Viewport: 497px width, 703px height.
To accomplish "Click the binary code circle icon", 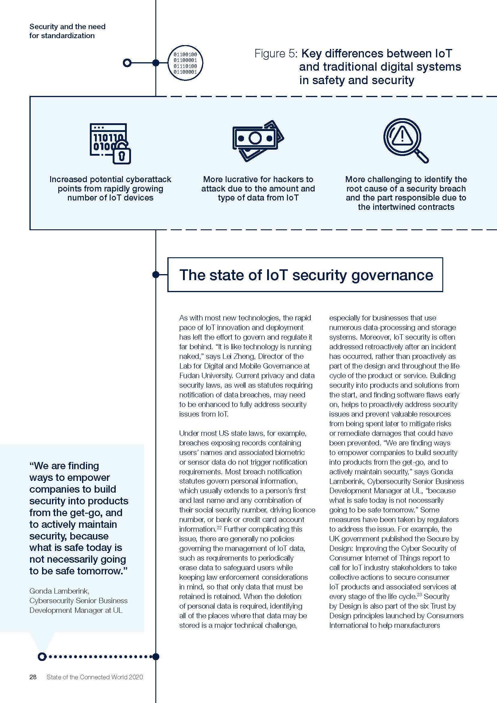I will pos(185,63).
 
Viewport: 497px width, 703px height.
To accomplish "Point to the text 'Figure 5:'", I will pos(276,54).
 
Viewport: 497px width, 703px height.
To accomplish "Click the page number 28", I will pos(33,677).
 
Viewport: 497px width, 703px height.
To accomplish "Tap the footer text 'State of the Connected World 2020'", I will pos(95,677).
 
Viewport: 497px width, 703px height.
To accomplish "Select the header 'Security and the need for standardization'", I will pos(67,31).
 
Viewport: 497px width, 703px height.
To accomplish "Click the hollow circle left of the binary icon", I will pos(127,63).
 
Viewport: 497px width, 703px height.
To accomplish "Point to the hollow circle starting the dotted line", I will pos(42,656).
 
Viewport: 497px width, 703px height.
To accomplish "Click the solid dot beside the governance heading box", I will pos(156,275).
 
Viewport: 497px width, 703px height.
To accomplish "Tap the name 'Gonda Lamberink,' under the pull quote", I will pos(59,591).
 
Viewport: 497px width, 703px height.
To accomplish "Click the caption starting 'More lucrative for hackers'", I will pos(258,179).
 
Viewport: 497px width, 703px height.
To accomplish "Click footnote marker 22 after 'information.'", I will pos(219,527).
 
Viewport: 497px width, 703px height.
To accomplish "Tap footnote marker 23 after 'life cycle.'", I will pos(419,594).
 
